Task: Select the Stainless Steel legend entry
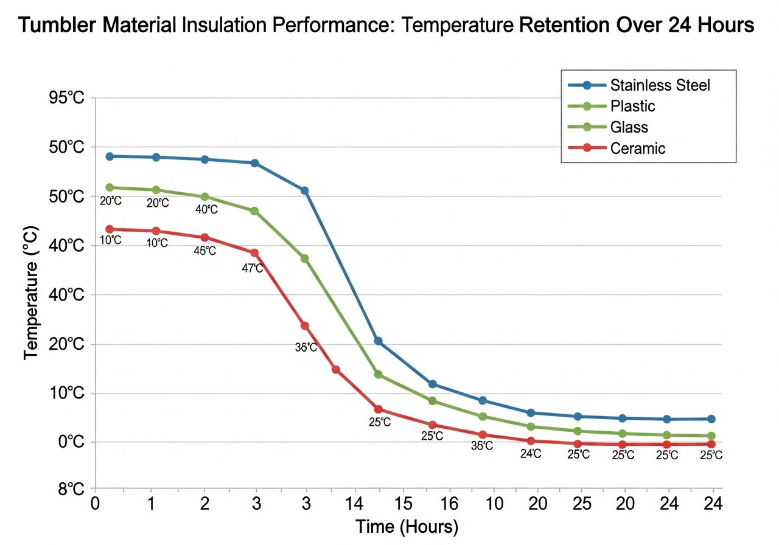click(x=660, y=85)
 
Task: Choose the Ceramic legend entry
click(x=638, y=148)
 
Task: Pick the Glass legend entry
click(x=629, y=127)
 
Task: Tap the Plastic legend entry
click(x=633, y=106)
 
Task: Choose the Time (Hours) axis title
click(x=407, y=526)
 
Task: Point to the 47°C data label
click(x=253, y=268)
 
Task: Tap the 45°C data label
click(x=204, y=251)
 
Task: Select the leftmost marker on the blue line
click(x=110, y=156)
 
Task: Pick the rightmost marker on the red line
click(x=711, y=444)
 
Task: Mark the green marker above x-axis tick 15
click(x=378, y=374)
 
